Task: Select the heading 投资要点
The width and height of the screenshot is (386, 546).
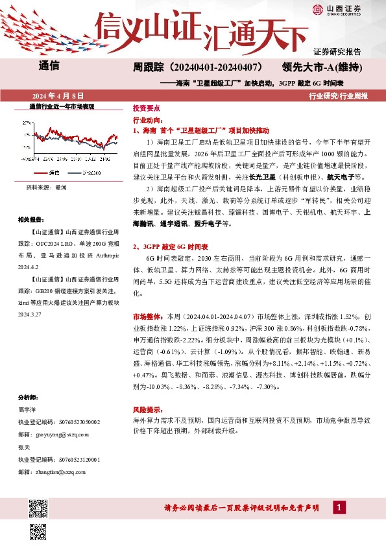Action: (x=146, y=109)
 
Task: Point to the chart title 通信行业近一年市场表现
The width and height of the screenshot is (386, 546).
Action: (x=62, y=106)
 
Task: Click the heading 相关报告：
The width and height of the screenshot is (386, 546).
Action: (x=33, y=220)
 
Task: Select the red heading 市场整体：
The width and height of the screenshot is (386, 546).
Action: (x=149, y=317)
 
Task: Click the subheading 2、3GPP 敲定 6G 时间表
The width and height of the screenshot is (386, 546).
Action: (x=170, y=247)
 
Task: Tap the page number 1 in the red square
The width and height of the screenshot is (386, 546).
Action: (x=338, y=508)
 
